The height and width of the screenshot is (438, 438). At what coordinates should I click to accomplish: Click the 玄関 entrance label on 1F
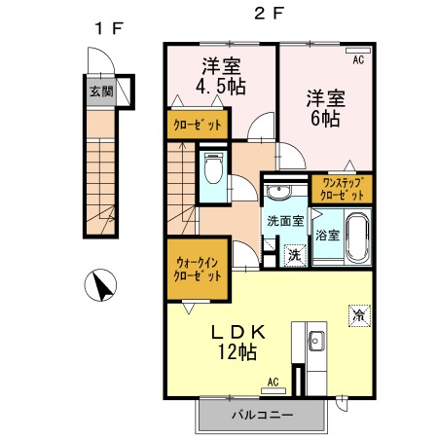coord(101,91)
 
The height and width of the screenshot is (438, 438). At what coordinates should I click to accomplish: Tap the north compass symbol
coord(100,285)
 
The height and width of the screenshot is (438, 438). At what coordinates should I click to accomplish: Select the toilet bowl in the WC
coord(213,168)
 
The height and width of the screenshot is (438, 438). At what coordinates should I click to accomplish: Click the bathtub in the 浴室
coord(357,237)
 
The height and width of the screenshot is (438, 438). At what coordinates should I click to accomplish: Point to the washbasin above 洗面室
coord(278,192)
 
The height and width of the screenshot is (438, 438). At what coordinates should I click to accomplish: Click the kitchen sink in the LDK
coord(316,341)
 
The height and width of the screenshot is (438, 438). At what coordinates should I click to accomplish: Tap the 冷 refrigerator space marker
coord(359,315)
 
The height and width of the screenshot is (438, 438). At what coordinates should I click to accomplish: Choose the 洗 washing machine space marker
coord(295,255)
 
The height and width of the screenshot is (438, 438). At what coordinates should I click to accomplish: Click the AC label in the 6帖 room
coord(358,59)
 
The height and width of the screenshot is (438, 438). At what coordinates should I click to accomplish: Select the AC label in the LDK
coord(274,382)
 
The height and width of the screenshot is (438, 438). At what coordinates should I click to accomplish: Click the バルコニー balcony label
coord(263,415)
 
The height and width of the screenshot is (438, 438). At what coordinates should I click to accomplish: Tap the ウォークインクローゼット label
coord(198,270)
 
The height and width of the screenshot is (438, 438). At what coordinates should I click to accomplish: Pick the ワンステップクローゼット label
coord(342,189)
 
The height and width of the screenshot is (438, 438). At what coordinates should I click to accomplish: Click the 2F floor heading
coord(269,14)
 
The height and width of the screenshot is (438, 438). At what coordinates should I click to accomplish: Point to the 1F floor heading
coord(109,28)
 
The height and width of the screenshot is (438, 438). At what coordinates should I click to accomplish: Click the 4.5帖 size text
coord(221,87)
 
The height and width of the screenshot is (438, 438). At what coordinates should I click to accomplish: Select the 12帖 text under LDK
coord(237,351)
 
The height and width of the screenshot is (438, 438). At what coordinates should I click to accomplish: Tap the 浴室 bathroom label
coord(328,235)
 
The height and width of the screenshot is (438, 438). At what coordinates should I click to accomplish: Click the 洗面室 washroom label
coord(285,221)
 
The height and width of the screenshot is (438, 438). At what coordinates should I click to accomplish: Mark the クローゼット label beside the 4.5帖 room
coord(198,125)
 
